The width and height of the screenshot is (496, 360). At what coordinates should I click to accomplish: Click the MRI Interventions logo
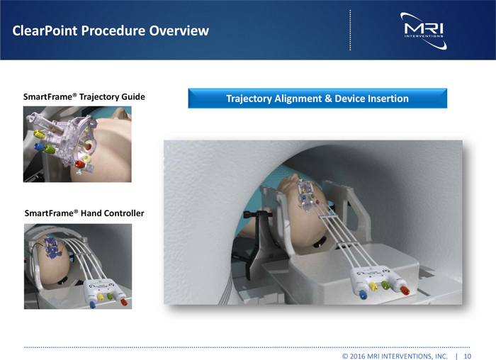424,30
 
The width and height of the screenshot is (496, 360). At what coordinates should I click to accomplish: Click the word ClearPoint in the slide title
45,30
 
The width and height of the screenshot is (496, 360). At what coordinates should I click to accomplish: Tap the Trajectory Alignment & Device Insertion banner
317,99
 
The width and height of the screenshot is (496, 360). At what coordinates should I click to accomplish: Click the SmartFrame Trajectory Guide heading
84,97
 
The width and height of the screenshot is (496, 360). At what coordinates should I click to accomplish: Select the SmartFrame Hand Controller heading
84,213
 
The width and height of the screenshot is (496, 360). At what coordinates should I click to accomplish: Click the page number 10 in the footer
468,356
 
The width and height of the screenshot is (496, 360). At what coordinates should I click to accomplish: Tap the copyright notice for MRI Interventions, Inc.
395,356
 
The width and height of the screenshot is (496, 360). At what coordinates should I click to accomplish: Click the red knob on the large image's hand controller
405,290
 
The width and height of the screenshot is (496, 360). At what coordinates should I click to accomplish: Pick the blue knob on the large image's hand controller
363,295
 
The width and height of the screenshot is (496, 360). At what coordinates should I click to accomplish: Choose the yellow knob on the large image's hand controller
373,286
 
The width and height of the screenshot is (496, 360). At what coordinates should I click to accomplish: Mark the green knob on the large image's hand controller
385,285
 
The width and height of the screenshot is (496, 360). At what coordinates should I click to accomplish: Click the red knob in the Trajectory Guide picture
79,164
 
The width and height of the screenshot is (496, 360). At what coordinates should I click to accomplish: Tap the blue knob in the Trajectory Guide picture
39,147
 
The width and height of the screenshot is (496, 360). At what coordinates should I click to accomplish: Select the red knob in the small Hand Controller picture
124,302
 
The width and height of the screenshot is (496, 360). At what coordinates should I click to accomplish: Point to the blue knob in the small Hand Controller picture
92,305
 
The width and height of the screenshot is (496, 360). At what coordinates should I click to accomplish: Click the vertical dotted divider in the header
350,30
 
